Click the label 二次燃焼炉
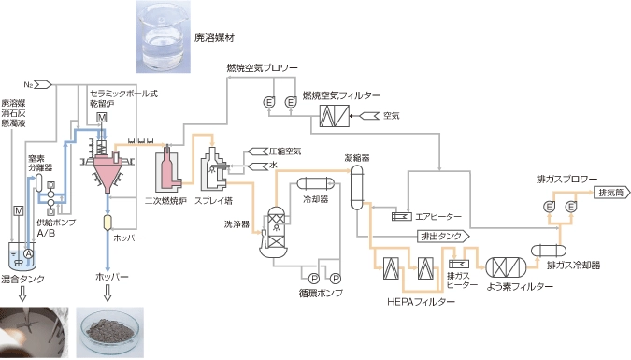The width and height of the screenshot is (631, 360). pos(166,199)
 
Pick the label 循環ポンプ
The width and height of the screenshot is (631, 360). pos(322,293)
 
